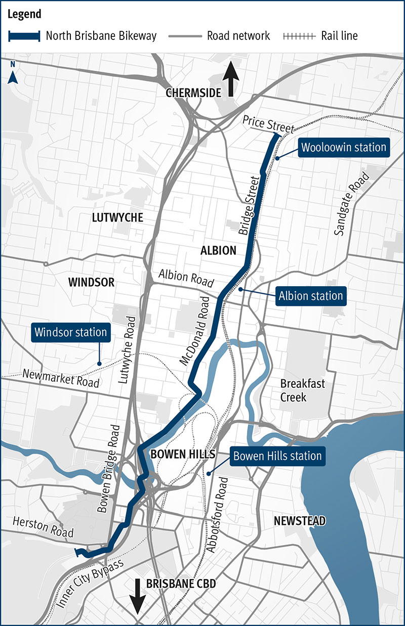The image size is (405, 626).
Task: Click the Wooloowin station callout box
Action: pos(344,148)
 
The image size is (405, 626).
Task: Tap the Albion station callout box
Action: pos(310,296)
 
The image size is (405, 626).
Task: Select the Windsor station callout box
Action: pos(71,332)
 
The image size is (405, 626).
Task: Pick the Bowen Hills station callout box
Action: pos(277,456)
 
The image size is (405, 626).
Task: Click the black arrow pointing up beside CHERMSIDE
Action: pos(232,79)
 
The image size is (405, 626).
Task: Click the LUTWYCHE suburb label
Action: pos(117,218)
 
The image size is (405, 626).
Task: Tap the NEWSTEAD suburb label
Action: pos(299,520)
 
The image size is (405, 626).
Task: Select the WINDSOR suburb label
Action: pos(91,282)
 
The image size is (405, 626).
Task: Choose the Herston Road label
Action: pos(43,526)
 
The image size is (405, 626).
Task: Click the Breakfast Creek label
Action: pos(302,390)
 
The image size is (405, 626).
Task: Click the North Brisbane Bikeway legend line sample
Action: pos(24,36)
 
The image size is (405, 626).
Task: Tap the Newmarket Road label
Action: pos(61,378)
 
